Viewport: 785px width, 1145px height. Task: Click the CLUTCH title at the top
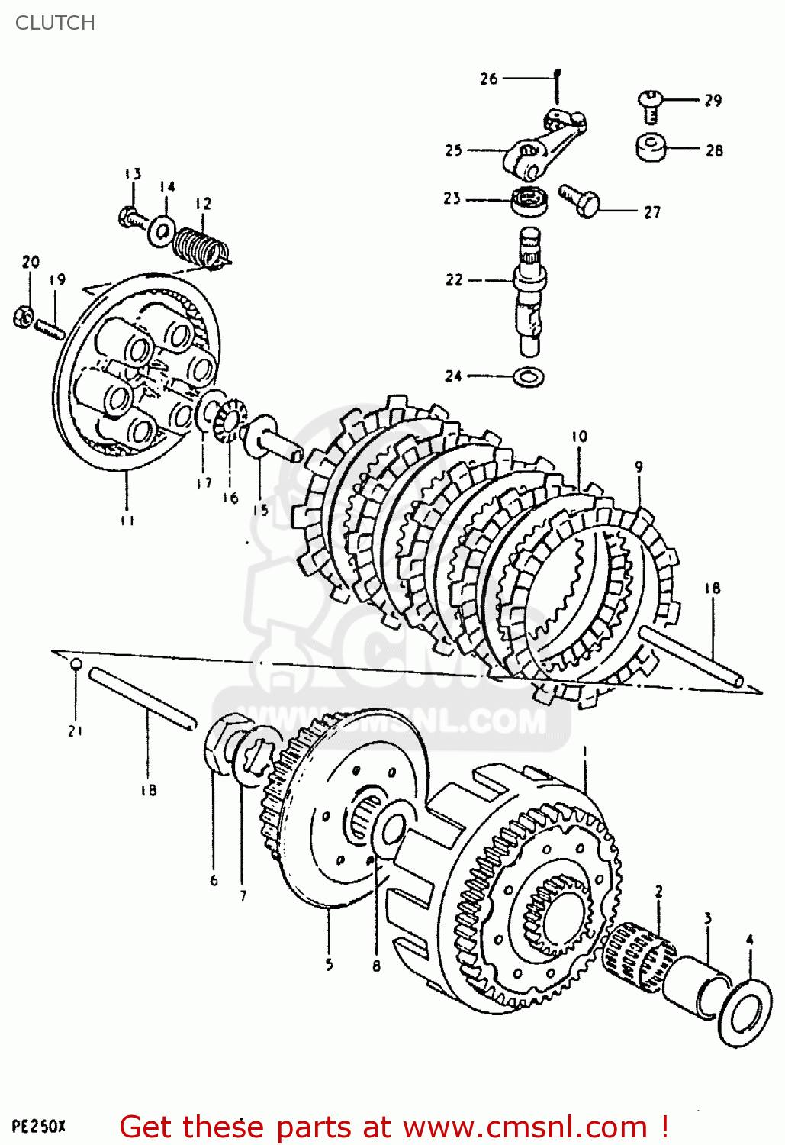[55, 23]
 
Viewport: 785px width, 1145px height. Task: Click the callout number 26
[489, 78]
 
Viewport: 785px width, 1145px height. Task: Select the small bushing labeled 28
[651, 147]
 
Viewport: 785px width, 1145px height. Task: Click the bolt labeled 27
[580, 200]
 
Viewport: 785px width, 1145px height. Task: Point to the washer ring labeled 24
[529, 376]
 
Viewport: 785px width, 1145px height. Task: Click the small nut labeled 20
[23, 316]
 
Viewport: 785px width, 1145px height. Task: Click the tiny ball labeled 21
[76, 665]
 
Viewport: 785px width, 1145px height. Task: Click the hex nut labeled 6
[221, 743]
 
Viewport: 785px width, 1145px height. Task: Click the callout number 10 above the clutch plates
[580, 437]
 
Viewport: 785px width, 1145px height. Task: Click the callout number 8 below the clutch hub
[376, 966]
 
